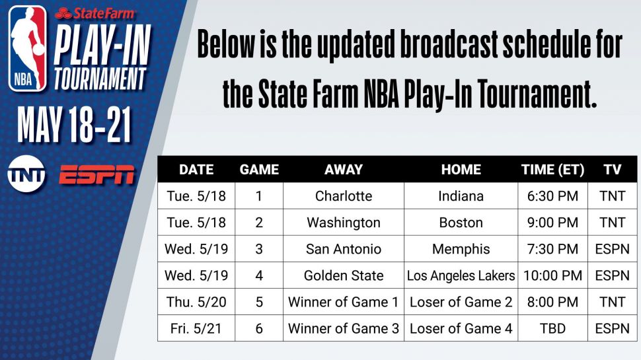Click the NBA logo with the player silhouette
28,48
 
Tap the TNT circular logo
26,174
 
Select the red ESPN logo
96,174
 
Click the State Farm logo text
95,13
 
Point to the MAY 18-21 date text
75,125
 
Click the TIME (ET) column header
552,170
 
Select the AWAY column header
344,170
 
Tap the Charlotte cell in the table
344,196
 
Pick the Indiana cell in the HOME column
461,196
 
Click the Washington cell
344,223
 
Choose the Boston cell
461,223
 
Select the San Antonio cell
344,249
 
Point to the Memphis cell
461,249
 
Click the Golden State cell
344,275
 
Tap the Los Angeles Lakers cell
461,275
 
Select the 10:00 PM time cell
552,275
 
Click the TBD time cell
552,328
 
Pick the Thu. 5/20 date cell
196,302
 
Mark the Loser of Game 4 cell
461,328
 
